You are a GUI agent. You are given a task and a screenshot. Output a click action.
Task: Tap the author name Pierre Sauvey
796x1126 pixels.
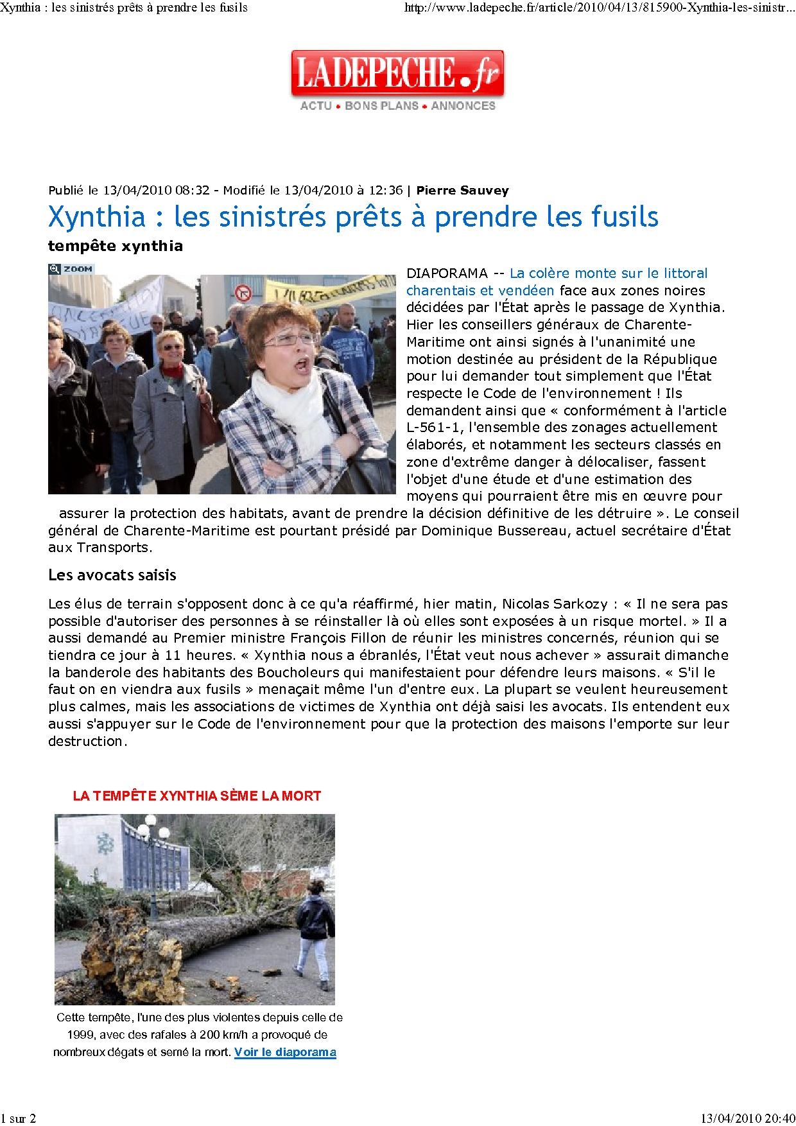pos(462,190)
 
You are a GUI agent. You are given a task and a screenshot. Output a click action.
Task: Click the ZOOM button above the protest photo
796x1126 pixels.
pos(71,269)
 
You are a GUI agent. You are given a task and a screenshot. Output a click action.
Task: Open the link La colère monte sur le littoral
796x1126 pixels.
pos(608,273)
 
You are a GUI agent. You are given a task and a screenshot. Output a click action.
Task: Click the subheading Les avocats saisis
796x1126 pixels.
pos(112,575)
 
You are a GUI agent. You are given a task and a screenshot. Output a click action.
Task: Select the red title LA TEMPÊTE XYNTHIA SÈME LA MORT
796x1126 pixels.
pos(197,796)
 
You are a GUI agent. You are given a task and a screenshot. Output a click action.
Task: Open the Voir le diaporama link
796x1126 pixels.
pos(285,1052)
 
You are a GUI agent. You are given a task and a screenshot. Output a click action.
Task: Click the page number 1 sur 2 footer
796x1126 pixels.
pos(19,1118)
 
